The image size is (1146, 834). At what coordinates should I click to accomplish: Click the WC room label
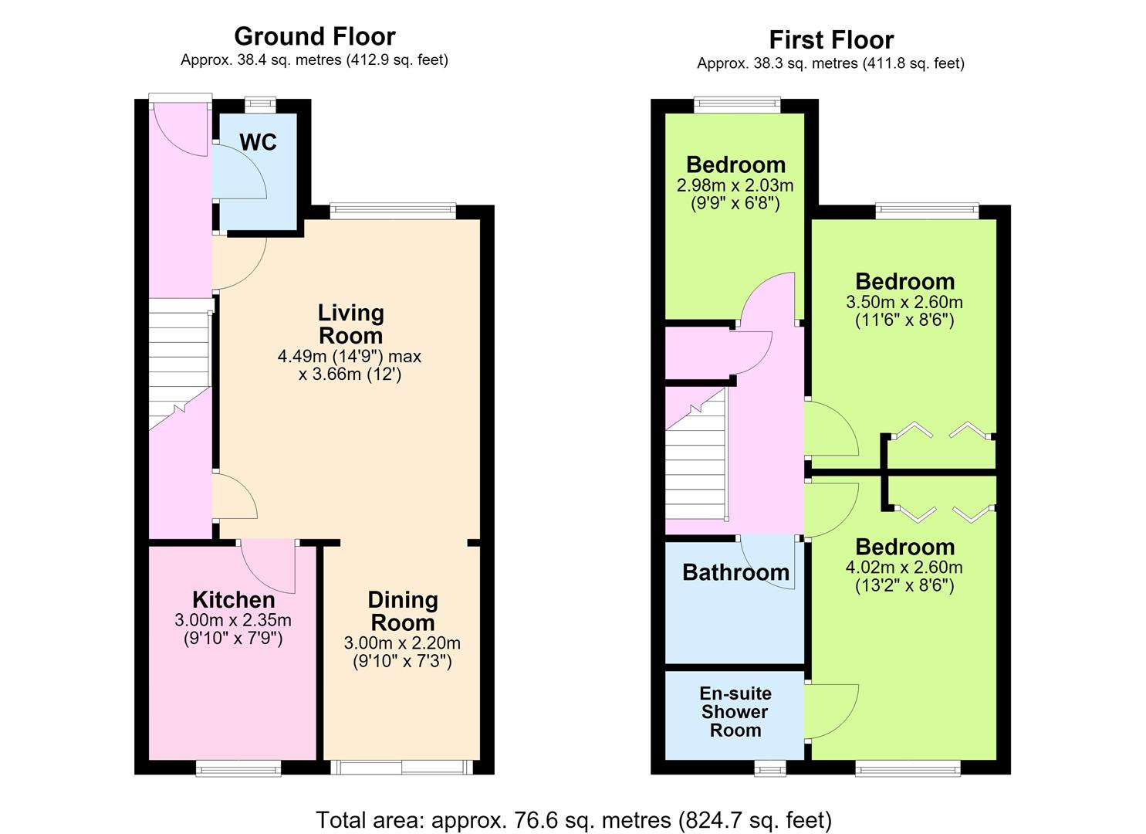[x=259, y=142]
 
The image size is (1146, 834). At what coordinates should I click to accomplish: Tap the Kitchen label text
[x=234, y=599]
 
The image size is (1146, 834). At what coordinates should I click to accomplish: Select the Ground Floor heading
[x=315, y=36]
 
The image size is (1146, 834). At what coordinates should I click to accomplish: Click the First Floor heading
[x=831, y=40]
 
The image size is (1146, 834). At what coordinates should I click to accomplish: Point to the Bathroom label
[x=735, y=572]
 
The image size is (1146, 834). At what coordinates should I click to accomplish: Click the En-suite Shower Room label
[x=735, y=712]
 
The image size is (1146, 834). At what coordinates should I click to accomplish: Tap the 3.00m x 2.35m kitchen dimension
[x=233, y=621]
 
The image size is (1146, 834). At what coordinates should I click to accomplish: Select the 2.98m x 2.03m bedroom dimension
[x=735, y=185]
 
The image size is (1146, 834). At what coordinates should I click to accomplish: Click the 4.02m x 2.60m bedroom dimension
[x=904, y=568]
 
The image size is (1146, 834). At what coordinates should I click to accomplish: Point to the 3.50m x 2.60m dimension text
[x=904, y=302]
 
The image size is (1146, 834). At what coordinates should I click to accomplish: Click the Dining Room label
[x=403, y=612]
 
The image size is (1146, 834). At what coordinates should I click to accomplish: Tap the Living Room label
[x=351, y=324]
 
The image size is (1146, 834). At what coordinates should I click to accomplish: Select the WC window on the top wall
[x=260, y=104]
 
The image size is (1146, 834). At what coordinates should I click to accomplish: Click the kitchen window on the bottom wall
[x=238, y=768]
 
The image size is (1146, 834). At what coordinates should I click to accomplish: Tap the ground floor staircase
[x=180, y=364]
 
